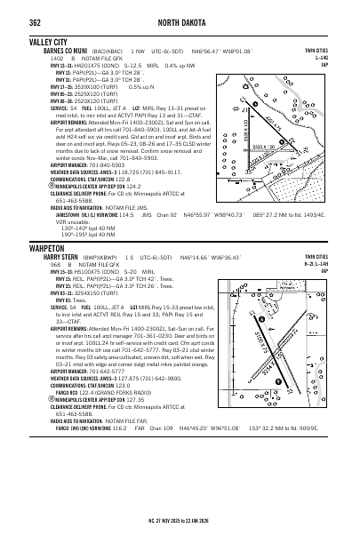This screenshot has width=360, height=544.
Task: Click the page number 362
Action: pos(12,10)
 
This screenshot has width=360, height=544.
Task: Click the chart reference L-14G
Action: pos(345,58)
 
